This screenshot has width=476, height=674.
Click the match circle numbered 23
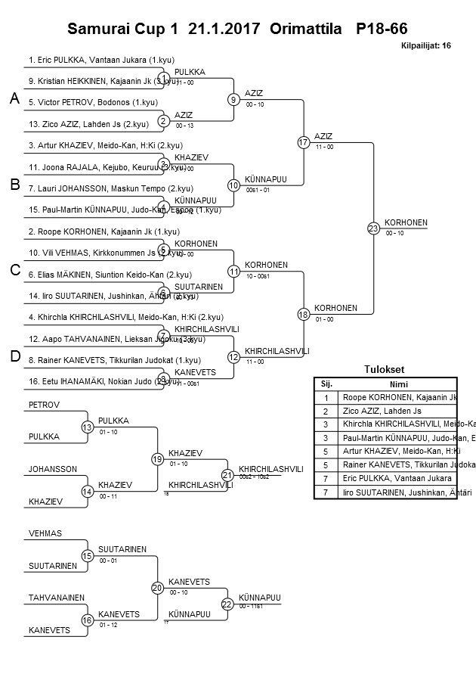point(373,228)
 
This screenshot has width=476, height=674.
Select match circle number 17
point(304,142)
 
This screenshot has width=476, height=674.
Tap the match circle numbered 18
point(304,314)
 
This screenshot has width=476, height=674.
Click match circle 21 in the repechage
point(227,474)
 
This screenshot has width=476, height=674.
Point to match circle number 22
point(227,603)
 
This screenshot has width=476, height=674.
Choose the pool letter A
point(14,99)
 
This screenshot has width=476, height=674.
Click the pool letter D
point(14,357)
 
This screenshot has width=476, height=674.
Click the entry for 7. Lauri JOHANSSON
point(111,188)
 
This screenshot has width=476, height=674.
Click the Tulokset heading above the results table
point(385,370)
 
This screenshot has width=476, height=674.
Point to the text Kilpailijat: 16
point(426,45)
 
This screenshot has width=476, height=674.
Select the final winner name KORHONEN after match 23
point(406,222)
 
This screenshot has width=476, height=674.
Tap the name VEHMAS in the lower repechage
point(45,533)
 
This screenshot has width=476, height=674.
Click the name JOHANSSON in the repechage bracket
point(53,469)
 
